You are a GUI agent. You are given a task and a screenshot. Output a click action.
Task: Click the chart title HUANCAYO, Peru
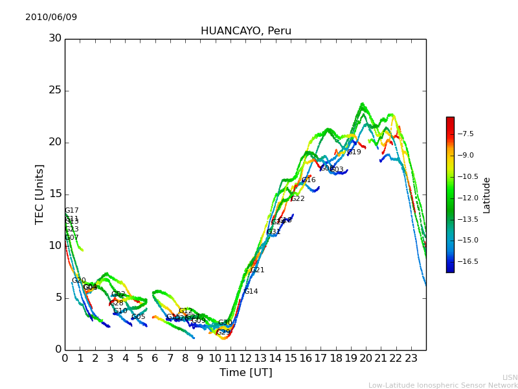[x=246, y=31]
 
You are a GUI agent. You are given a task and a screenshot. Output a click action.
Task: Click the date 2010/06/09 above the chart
[x=51, y=17]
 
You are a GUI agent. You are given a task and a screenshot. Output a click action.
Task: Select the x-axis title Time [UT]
[x=245, y=373]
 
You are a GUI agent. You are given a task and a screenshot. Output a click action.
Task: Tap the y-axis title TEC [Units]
[x=40, y=194]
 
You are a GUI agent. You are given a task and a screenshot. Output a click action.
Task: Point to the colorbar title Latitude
[x=487, y=194]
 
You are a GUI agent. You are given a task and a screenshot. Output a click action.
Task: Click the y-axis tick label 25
[x=55, y=90]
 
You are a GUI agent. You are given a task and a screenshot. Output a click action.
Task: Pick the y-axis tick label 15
[x=55, y=194]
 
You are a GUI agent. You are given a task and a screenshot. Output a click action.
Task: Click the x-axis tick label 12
[x=245, y=358]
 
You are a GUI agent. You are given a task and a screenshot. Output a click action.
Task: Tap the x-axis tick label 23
[x=411, y=358]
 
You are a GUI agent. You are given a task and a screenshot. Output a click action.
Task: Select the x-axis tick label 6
[x=155, y=358]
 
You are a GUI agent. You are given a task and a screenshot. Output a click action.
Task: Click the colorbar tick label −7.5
[x=466, y=134]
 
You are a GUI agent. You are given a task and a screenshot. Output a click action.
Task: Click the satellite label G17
[x=72, y=211]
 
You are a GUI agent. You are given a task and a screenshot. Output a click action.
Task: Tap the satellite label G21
[x=258, y=270]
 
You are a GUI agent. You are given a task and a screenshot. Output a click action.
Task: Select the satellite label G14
[x=251, y=292]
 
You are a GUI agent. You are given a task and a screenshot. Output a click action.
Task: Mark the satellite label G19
[x=354, y=152]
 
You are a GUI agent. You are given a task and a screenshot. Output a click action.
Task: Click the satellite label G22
[x=298, y=199]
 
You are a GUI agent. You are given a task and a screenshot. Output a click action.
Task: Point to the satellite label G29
[x=223, y=333]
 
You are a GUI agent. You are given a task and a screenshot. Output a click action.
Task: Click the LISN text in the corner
[x=510, y=377]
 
